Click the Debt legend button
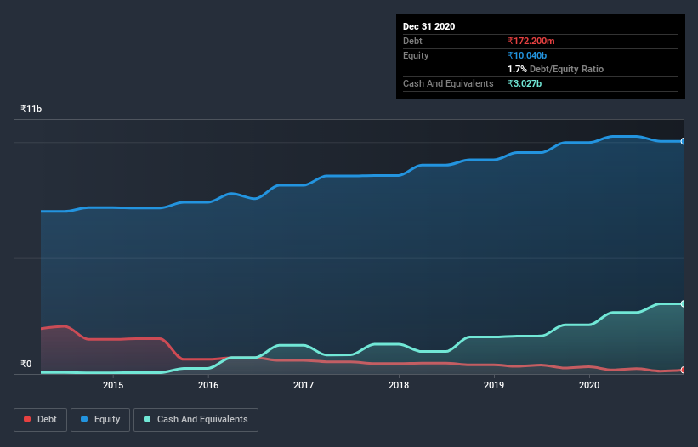[x=39, y=419]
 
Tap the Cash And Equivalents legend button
[x=196, y=419]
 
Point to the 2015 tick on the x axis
[x=113, y=386]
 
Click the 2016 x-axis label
[x=208, y=386]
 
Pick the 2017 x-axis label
[x=304, y=386]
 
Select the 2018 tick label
[x=399, y=386]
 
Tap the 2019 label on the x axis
[x=494, y=386]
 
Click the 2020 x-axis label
[x=589, y=386]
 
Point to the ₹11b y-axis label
[x=31, y=110]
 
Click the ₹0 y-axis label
[x=26, y=365]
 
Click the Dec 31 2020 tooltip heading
[x=428, y=26]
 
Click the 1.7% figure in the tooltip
[x=517, y=69]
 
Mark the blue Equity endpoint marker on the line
[x=684, y=141]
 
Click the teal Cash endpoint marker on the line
[x=684, y=303]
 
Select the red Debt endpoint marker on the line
[x=684, y=370]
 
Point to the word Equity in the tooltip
[x=416, y=55]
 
